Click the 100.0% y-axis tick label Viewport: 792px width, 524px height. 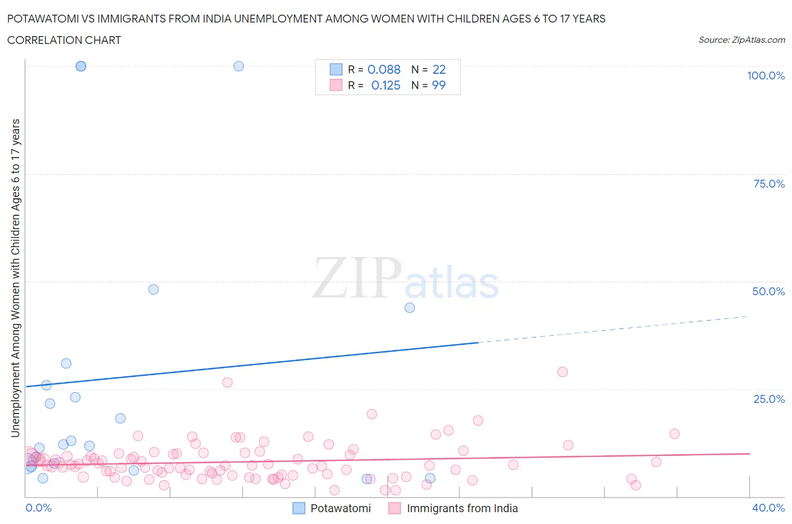766,76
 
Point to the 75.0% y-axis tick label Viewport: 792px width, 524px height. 768,184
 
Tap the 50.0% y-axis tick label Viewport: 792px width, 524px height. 768,291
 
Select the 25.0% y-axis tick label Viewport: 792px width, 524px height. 768,399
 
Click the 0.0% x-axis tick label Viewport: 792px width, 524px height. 38,508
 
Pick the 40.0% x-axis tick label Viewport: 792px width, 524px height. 768,508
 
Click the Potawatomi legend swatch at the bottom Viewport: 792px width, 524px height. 299,508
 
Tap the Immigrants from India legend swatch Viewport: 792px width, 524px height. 395,508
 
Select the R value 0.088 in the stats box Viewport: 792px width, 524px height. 384,69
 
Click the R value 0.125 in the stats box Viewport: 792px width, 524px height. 385,85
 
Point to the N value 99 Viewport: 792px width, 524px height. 438,85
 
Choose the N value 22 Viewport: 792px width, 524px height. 439,69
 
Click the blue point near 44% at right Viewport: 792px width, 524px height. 410,308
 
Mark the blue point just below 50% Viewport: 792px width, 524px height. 153,290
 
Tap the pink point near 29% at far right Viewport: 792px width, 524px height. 562,372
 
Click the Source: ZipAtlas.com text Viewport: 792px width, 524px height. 741,40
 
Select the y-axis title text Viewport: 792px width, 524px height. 15,278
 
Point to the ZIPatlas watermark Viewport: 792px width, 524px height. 406,278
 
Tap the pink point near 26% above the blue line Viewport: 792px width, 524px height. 227,383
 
